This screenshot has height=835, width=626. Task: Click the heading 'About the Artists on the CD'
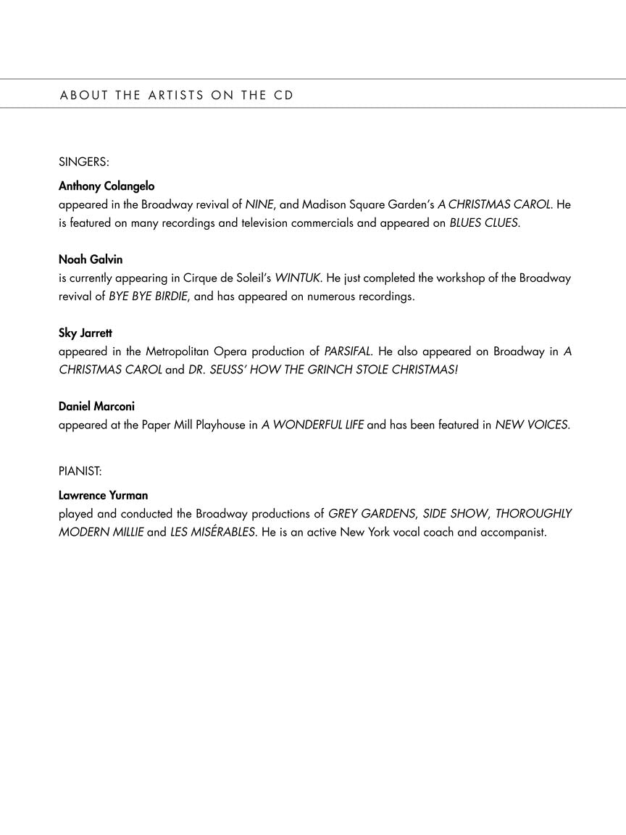177,95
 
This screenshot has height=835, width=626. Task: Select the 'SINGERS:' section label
83,162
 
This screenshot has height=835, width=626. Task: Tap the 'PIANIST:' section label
80,471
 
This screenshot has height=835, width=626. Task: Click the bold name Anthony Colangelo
107,186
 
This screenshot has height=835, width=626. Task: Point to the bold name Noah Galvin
91,259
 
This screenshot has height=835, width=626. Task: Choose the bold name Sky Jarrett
85,333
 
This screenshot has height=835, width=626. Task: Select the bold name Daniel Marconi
96,407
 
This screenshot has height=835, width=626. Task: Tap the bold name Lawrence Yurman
103,496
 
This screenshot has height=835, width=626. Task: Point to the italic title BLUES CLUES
484,223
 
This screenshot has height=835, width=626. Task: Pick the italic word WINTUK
297,278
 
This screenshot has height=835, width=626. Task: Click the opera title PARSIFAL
348,352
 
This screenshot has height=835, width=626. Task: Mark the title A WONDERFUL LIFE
312,425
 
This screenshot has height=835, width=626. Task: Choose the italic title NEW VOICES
532,425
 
